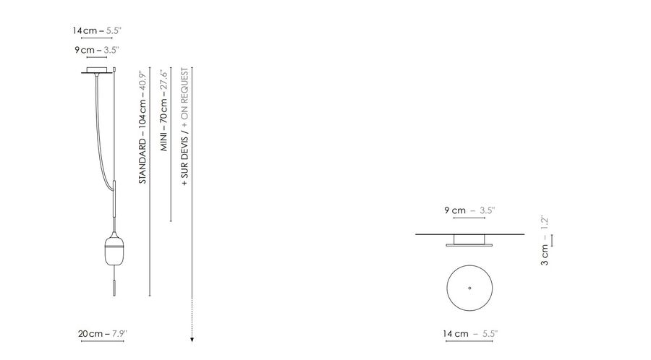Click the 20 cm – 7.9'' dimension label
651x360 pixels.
[103, 333]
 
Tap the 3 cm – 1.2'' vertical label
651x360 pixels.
[545, 241]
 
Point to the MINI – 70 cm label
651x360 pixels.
[164, 111]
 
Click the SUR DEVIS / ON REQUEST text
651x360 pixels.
[184, 127]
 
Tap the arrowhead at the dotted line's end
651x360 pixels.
[192, 340]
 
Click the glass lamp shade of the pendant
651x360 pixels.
[114, 250]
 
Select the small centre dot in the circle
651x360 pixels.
[469, 288]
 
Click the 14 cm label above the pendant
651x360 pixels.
[97, 30]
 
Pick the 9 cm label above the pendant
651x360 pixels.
[97, 50]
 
